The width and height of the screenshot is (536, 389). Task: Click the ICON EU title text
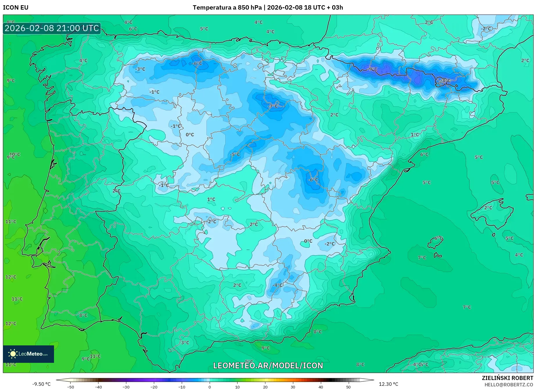tap(16, 8)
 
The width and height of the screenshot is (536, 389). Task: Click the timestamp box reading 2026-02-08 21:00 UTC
tap(52, 28)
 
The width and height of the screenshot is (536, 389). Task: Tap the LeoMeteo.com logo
tap(28, 354)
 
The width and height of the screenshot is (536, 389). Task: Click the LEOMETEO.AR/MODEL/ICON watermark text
tap(268, 365)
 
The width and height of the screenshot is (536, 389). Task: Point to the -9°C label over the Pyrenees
tap(373, 69)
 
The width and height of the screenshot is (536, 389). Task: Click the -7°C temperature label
tap(273, 106)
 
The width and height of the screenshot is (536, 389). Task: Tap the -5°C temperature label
tap(235, 155)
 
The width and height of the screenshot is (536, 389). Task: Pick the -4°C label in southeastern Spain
tap(278, 285)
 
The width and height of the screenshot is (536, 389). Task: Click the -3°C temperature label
tap(140, 69)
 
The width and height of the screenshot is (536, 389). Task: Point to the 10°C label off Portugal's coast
tap(15, 154)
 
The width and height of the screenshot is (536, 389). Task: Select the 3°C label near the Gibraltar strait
tap(185, 342)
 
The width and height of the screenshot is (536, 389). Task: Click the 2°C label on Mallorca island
tap(488, 208)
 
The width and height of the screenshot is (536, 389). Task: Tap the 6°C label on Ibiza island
tap(438, 238)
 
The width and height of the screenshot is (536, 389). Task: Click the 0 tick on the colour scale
tap(210, 387)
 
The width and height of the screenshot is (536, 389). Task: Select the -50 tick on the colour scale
tap(71, 387)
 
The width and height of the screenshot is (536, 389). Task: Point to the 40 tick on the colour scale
tap(321, 387)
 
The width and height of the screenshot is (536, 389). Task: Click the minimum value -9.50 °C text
tap(41, 384)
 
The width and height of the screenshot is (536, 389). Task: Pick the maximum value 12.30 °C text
tap(388, 384)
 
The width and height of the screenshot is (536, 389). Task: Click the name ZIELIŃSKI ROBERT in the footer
tap(508, 378)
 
